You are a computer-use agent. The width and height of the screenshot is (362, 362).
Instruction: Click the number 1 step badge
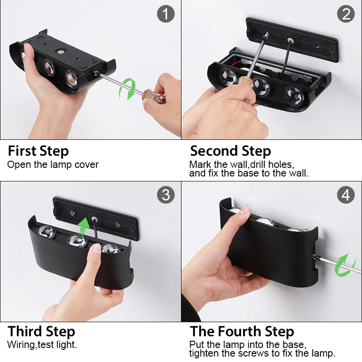(166, 14)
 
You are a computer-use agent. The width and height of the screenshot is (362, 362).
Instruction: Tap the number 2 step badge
(346, 14)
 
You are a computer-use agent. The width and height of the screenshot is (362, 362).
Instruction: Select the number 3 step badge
(166, 195)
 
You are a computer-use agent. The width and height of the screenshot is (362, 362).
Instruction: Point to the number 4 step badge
(346, 195)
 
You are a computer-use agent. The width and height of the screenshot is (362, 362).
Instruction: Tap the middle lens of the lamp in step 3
(77, 241)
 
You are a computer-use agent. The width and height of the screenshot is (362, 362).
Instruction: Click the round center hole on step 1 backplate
(61, 52)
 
